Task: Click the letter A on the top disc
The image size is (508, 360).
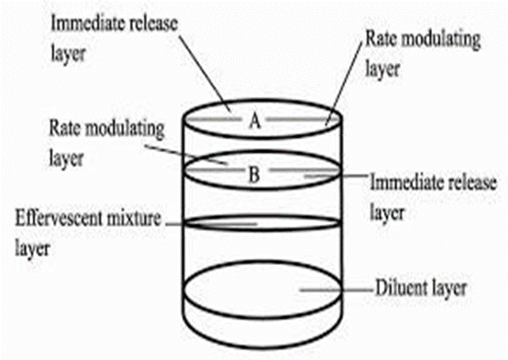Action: (x=254, y=120)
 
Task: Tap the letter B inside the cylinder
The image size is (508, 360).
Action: (x=254, y=175)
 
